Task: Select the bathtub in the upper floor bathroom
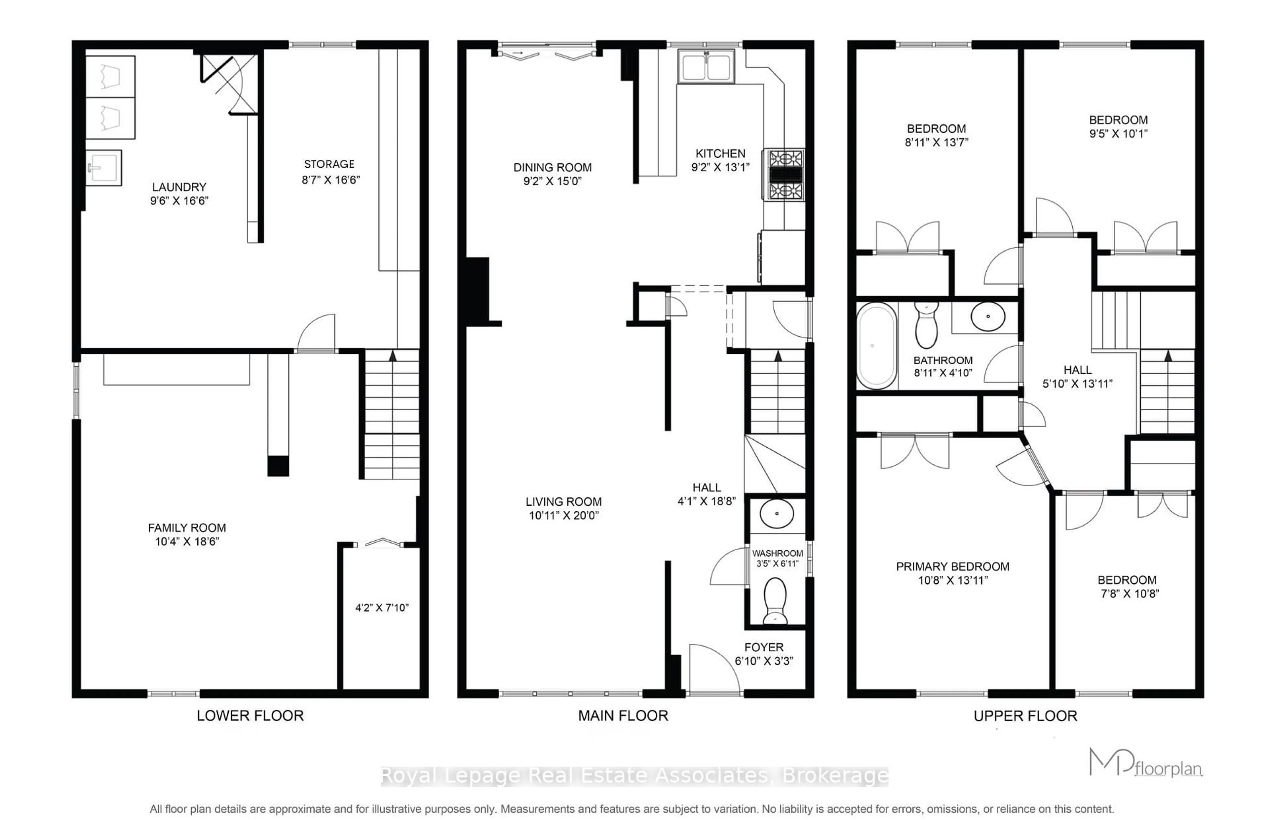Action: pos(876,346)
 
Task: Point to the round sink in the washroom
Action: pos(777,513)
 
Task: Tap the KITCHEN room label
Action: pos(720,154)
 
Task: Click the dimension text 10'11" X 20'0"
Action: pos(563,515)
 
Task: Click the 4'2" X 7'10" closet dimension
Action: pos(382,607)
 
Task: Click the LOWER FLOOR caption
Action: pos(250,716)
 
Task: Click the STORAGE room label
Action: pos(329,164)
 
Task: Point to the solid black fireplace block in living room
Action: pos(478,290)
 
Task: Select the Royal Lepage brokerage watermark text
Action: pos(634,776)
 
